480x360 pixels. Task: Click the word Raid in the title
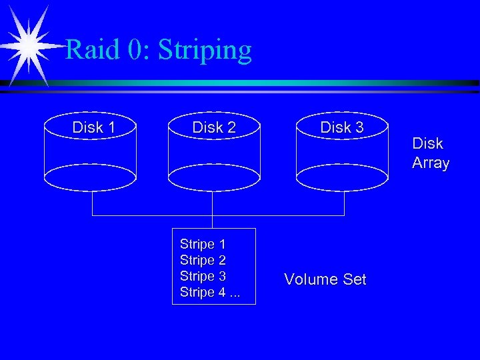(x=91, y=51)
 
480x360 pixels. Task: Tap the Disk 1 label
(x=93, y=127)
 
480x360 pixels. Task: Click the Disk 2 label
(x=214, y=127)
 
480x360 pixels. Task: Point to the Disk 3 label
(x=342, y=127)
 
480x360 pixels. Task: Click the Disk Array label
(x=431, y=153)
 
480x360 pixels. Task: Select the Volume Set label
(x=325, y=279)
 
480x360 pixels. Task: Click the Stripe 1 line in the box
(x=203, y=244)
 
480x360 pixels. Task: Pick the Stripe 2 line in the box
(x=203, y=260)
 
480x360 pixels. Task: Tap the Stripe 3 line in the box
(x=203, y=276)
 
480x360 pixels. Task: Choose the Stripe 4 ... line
(x=209, y=292)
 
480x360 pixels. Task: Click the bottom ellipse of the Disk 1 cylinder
(x=90, y=178)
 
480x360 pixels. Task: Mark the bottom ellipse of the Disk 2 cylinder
(x=213, y=178)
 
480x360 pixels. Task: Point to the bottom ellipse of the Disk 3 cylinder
(x=341, y=178)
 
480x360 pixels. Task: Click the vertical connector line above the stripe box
(x=212, y=221)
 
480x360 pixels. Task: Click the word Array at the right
(x=431, y=163)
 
